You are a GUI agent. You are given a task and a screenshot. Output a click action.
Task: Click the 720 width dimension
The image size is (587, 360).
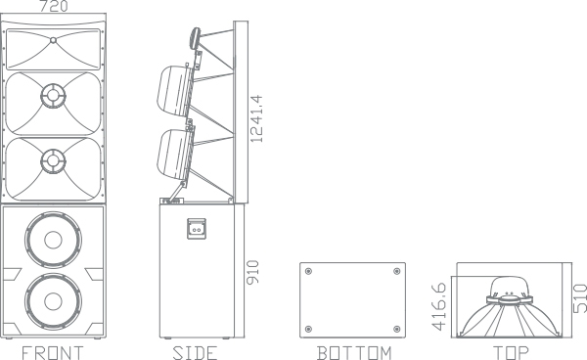(54, 6)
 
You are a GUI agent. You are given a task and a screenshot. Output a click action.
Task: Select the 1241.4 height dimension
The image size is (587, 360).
(256, 118)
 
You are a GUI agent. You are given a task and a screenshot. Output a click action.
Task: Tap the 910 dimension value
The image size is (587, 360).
(252, 272)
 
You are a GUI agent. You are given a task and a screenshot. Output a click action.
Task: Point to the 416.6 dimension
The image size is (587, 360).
(438, 306)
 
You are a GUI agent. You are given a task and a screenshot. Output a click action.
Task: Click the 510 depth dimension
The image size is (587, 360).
(580, 298)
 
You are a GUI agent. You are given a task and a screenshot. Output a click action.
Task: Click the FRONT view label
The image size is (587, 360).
(53, 353)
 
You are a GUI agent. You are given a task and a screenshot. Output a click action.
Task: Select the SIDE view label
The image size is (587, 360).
(195, 353)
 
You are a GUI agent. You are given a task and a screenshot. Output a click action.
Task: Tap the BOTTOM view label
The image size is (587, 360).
(354, 353)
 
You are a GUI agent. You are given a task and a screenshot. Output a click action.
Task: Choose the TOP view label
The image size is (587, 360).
(511, 353)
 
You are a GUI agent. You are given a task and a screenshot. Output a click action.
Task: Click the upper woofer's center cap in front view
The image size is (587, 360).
(53, 240)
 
